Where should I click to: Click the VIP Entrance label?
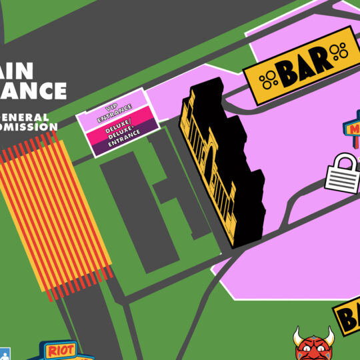[x=115, y=113]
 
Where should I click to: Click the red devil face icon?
[x=313, y=346]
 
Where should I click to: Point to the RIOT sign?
[x=61, y=349]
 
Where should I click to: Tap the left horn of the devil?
[x=297, y=333]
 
